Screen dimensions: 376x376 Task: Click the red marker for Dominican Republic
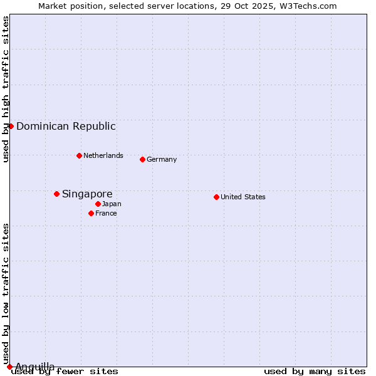[x=11, y=126]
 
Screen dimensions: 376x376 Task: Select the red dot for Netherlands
[x=79, y=155]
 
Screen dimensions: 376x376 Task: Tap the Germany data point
[x=142, y=159]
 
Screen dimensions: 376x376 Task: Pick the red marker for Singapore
[x=56, y=194]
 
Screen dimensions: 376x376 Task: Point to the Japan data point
[x=98, y=204]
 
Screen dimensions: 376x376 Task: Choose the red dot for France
[x=91, y=213]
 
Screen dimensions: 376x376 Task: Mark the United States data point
[x=216, y=197]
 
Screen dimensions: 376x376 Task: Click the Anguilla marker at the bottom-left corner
[x=9, y=367]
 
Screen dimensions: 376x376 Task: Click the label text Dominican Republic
[x=66, y=126]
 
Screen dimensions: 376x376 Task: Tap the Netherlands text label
[x=103, y=155]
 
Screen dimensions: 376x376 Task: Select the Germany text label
[x=162, y=159]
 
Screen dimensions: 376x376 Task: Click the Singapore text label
[x=87, y=194]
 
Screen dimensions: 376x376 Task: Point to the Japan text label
[x=112, y=204]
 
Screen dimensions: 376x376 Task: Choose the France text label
[x=106, y=213]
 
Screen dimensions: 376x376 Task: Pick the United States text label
[x=243, y=197]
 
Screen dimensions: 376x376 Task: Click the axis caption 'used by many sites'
[x=315, y=371]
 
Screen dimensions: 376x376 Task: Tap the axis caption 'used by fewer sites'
[x=65, y=371]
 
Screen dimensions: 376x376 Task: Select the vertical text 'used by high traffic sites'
[x=6, y=89]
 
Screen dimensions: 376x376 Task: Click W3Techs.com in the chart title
[x=309, y=6]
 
